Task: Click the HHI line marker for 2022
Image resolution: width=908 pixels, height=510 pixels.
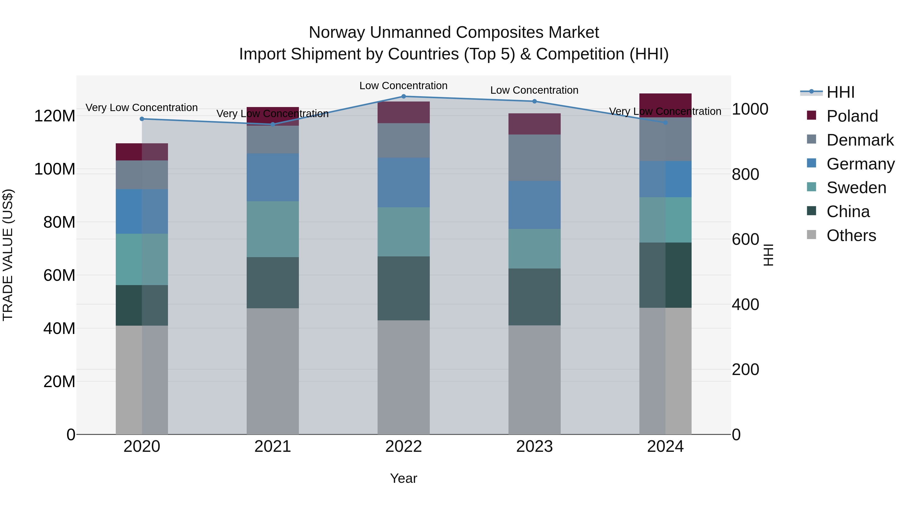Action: [404, 96]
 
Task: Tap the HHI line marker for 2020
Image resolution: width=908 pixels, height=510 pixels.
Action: [142, 119]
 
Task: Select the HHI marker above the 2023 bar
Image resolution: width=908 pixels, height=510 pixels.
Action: [534, 101]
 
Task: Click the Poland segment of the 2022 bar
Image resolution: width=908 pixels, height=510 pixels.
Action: [404, 112]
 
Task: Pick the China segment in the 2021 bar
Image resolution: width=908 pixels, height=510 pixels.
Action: [272, 283]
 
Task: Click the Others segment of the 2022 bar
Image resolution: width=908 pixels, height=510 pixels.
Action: [404, 377]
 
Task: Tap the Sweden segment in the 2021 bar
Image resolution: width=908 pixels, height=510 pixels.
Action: [272, 229]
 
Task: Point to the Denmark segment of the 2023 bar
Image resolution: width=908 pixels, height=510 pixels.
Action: [534, 158]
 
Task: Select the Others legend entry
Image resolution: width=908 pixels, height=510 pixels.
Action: [851, 235]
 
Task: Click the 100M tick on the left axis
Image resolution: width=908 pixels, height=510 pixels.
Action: [55, 169]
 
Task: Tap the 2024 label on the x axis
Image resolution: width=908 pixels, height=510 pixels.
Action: [665, 447]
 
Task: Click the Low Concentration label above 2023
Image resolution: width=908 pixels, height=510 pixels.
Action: [534, 90]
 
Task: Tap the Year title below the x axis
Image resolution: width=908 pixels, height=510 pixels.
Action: [404, 478]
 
